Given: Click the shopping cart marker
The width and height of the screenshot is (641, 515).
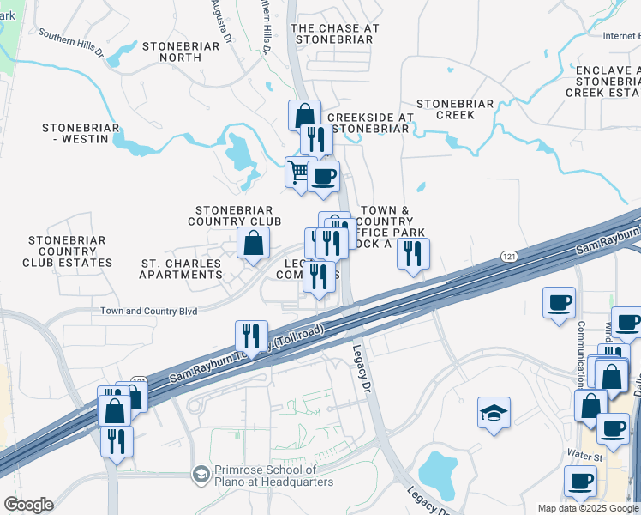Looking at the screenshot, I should tap(297, 172).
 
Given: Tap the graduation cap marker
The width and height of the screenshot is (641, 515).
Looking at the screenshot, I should tap(494, 414).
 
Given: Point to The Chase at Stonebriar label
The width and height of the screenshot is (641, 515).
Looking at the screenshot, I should tap(335, 33).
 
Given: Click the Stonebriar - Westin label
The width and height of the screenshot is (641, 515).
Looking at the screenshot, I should tap(75, 133).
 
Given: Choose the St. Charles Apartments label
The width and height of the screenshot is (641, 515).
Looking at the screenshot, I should tap(181, 275).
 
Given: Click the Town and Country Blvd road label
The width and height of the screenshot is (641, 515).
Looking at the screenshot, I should tap(149, 311).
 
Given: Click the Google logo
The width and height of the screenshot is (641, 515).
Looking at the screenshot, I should tap(28, 505).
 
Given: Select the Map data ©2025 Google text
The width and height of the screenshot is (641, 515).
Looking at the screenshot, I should tap(588, 509).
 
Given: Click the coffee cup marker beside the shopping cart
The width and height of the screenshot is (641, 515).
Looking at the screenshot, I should tap(323, 177).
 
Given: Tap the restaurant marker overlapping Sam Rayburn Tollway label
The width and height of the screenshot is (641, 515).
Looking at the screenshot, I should tap(251, 336).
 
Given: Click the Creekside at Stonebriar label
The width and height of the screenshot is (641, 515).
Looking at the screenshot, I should tap(369, 123).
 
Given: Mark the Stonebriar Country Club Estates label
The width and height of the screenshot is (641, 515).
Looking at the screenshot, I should tap(69, 251).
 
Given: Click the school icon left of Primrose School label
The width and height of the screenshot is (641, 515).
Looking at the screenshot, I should tap(201, 475).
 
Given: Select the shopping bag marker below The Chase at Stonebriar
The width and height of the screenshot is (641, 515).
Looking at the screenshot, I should tap(304, 115).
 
